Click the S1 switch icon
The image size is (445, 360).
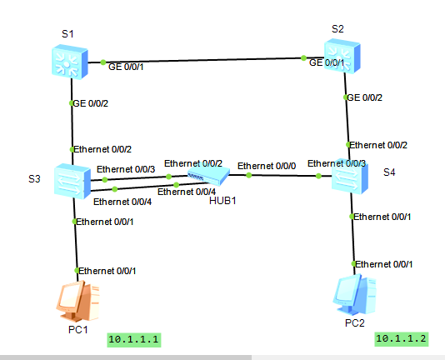(70, 62)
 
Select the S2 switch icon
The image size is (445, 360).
(342, 57)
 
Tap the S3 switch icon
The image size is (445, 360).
(72, 181)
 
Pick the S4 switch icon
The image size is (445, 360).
(350, 177)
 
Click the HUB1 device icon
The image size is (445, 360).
(208, 176)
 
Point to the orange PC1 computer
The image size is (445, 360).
(78, 300)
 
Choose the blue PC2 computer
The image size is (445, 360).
(355, 294)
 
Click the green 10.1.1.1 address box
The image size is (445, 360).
(134, 340)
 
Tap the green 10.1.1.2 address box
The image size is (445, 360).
(402, 339)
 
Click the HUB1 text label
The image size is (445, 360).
(222, 201)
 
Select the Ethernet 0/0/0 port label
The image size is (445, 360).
(267, 166)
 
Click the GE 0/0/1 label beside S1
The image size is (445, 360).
(126, 67)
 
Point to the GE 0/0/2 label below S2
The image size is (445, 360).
(365, 97)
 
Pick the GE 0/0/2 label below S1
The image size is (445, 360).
(91, 103)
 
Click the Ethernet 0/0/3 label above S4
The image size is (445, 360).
(337, 163)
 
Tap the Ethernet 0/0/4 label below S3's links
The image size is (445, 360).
(122, 202)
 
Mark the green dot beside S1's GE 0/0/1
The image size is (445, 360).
(103, 62)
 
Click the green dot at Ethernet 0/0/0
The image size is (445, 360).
(249, 175)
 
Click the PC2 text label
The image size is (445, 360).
(355, 323)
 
